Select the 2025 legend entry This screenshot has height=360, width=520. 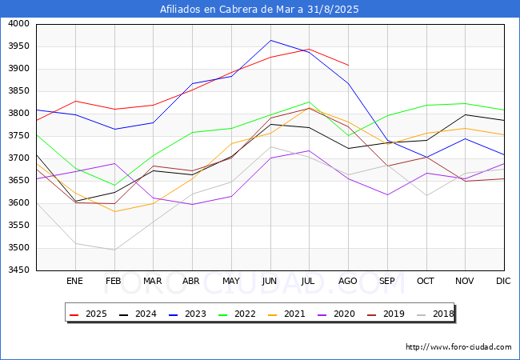[x=88, y=314]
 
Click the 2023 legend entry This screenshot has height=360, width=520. [x=187, y=314]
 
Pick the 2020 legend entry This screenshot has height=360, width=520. [x=336, y=314]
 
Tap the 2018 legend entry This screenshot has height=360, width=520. [x=435, y=314]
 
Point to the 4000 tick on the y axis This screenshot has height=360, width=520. [x=18, y=24]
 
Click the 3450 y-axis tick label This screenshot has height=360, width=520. [x=18, y=270]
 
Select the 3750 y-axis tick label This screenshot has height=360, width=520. [x=18, y=136]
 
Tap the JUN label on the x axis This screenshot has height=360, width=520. [x=270, y=281]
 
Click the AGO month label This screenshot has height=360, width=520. [x=347, y=281]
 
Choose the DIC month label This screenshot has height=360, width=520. [x=503, y=281]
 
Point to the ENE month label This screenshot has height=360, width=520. [x=74, y=281]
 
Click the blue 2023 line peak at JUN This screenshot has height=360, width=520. [x=270, y=41]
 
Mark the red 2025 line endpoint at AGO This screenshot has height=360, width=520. [x=348, y=66]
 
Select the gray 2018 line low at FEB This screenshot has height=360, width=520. [x=114, y=250]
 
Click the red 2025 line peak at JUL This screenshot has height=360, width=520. [x=310, y=49]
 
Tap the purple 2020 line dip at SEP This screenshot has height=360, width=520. [x=387, y=195]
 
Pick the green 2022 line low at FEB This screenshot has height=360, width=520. [x=114, y=186]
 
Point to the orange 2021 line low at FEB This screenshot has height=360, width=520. [x=114, y=211]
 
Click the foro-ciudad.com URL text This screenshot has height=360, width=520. [x=458, y=347]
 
